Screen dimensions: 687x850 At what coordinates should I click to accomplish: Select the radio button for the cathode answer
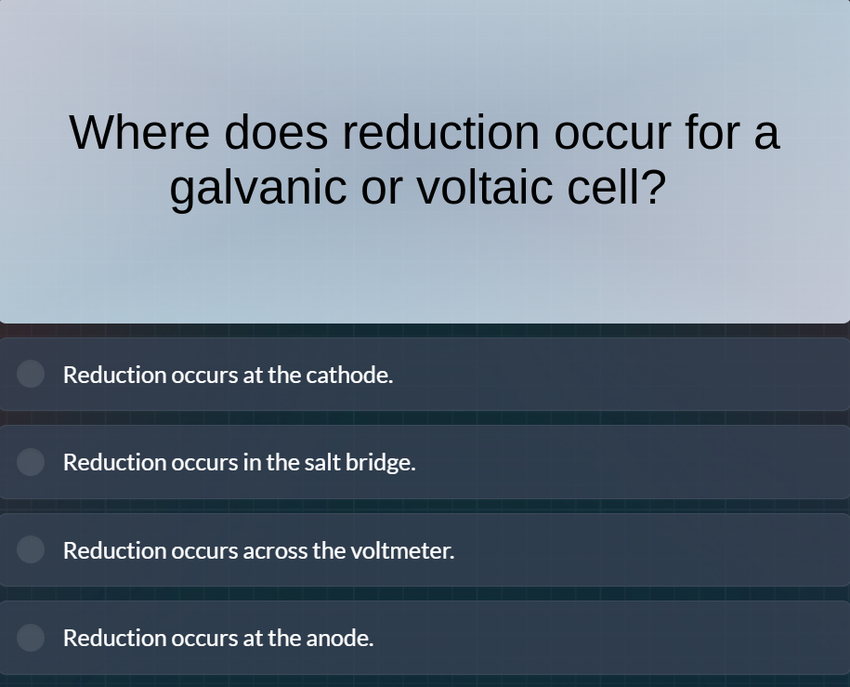point(31,374)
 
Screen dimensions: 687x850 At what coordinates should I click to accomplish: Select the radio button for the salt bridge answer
point(31,462)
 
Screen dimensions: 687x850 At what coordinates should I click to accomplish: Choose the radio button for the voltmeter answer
point(31,549)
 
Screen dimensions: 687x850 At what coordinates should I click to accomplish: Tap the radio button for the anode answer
point(31,638)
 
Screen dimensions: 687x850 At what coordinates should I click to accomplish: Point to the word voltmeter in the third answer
point(402,550)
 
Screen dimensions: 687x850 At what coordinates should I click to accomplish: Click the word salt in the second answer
point(322,462)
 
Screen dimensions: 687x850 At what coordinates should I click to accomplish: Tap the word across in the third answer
point(275,550)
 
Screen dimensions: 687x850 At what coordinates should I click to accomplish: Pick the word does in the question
point(276,132)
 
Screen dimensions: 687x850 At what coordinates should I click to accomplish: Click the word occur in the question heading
point(612,132)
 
